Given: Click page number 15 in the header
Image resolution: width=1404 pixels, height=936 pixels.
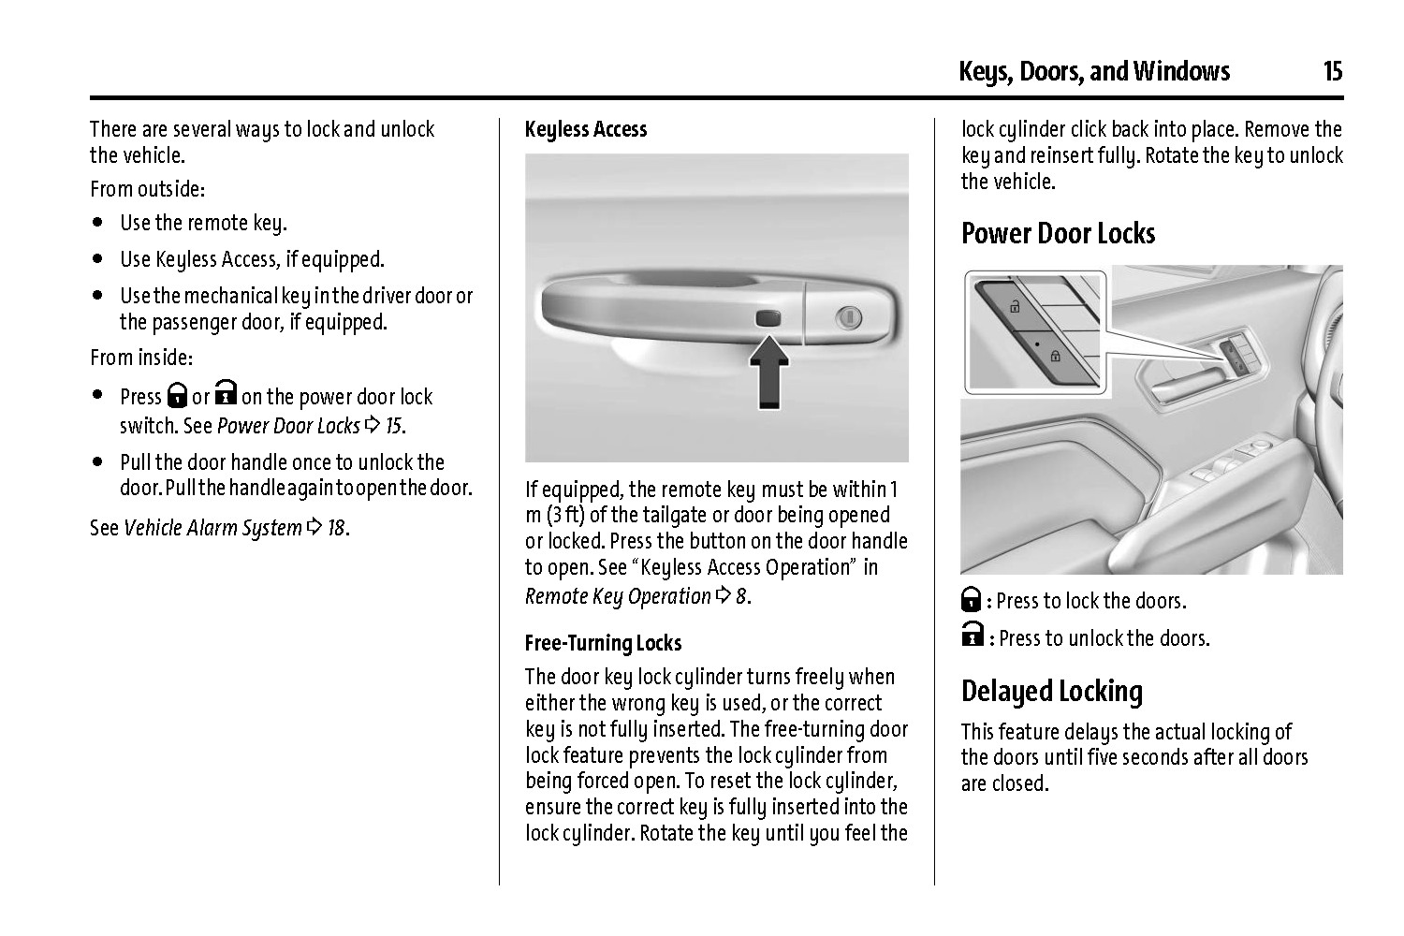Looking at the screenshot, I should tap(1332, 71).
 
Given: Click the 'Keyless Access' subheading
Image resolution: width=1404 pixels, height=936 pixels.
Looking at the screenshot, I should tap(586, 129).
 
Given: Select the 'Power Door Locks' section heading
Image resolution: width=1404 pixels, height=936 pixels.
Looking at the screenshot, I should tap(1058, 233).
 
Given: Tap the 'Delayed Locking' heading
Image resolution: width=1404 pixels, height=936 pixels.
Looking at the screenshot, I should tap(1052, 692).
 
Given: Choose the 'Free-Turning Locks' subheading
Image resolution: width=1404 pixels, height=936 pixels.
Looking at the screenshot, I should tap(603, 643).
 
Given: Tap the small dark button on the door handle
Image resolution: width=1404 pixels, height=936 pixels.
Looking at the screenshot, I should tap(768, 317).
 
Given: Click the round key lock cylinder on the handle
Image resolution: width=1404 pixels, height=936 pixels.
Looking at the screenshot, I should tap(850, 317).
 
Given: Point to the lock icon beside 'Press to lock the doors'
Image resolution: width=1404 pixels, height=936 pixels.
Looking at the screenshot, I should tap(971, 600).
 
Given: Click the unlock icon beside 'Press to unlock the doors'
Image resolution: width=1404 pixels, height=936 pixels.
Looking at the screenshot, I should tap(972, 636).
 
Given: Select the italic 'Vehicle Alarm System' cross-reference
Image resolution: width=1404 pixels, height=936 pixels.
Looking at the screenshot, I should tap(212, 528).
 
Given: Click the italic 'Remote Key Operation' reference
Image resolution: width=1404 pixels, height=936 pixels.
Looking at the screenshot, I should tap(618, 596).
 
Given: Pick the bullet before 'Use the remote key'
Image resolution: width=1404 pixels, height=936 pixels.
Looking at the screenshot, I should tap(98, 224).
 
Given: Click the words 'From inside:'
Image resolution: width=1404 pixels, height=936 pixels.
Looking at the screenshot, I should tap(141, 358).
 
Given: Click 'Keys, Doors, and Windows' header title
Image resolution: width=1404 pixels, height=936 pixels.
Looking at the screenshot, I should tap(1093, 71).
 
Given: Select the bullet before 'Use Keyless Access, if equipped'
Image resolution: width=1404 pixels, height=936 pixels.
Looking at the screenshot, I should tap(98, 259).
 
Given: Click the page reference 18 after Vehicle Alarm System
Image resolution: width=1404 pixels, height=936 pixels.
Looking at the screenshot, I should tap(335, 528).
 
